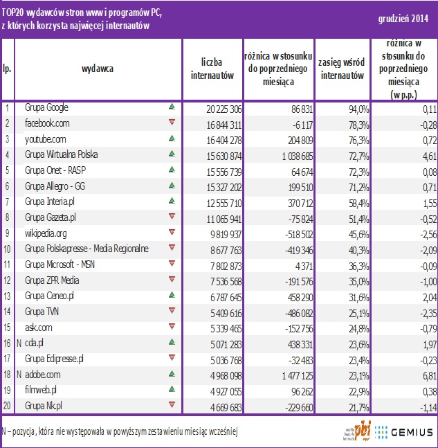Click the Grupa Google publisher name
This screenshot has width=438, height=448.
click(x=46, y=108)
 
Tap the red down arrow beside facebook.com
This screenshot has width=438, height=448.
click(x=172, y=123)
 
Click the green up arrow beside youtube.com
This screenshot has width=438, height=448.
click(x=172, y=138)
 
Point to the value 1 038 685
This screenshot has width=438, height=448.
click(x=275, y=154)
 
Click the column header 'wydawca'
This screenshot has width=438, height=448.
click(x=98, y=69)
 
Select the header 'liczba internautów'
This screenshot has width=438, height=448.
click(x=212, y=69)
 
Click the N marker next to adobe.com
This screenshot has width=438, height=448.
click(x=17, y=374)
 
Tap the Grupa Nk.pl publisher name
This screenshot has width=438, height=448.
click(x=44, y=405)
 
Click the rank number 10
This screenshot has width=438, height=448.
click(x=7, y=247)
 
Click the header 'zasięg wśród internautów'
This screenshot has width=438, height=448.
click(x=341, y=69)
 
